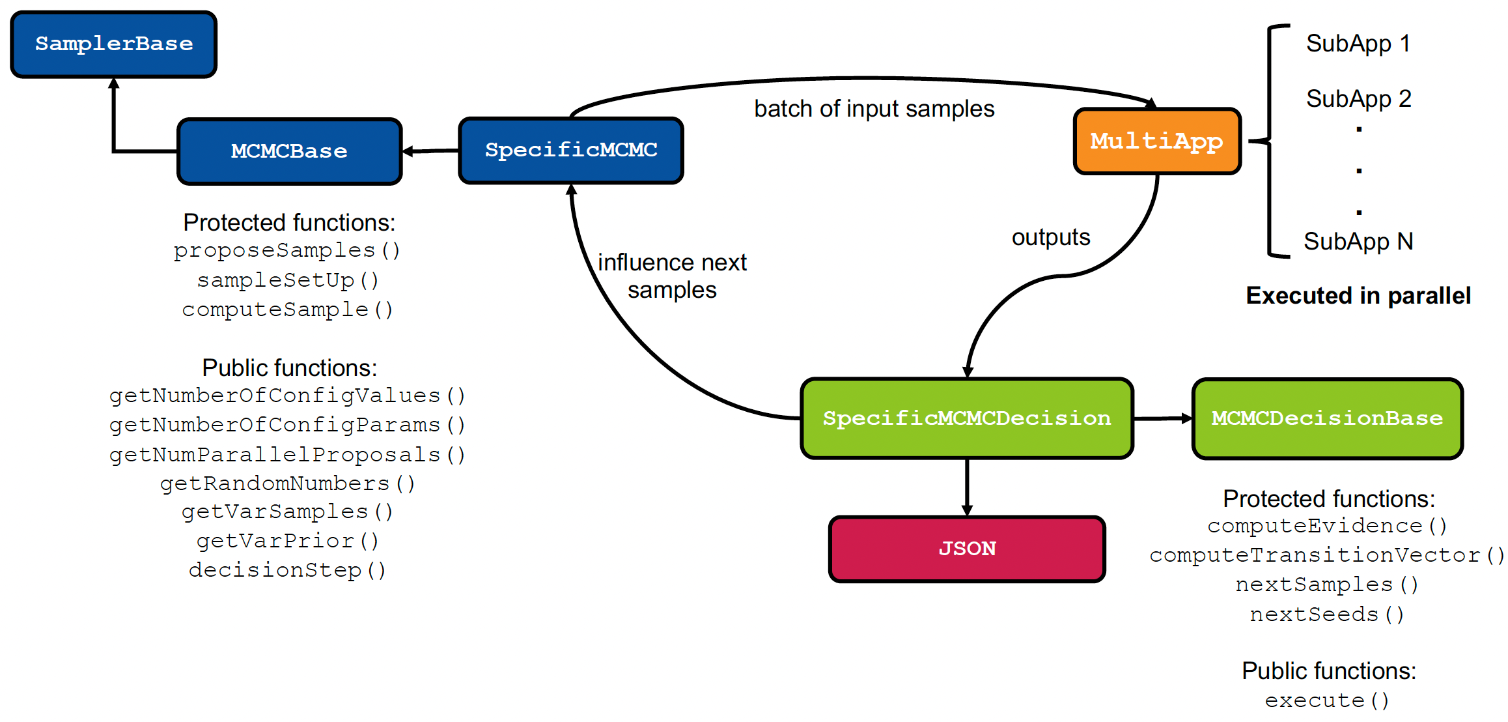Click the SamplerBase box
point(114,44)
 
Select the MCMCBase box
point(289,151)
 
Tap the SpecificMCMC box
point(571,150)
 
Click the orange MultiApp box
point(1157,141)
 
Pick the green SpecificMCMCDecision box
point(967,418)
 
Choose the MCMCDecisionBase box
point(1327,418)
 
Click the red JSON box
point(967,549)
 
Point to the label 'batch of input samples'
point(874,109)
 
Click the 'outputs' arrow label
point(1050,237)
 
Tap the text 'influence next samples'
point(672,276)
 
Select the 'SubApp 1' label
point(1358,44)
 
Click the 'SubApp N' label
point(1358,242)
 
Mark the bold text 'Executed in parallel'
point(1358,296)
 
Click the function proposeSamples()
point(287,250)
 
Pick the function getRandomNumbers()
point(287,484)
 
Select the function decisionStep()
point(287,570)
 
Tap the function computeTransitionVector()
point(1327,555)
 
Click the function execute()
point(1327,700)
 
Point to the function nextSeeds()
point(1327,614)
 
